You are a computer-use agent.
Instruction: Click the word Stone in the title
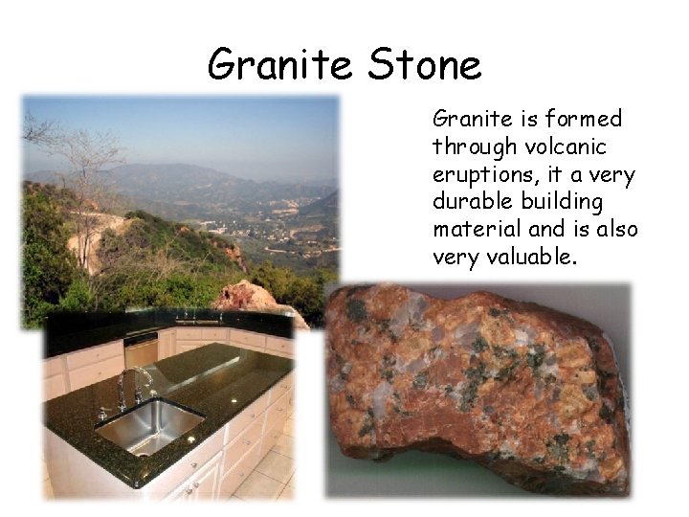(424, 65)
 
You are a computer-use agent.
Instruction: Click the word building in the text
(569, 202)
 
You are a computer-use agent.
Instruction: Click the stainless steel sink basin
(147, 424)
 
